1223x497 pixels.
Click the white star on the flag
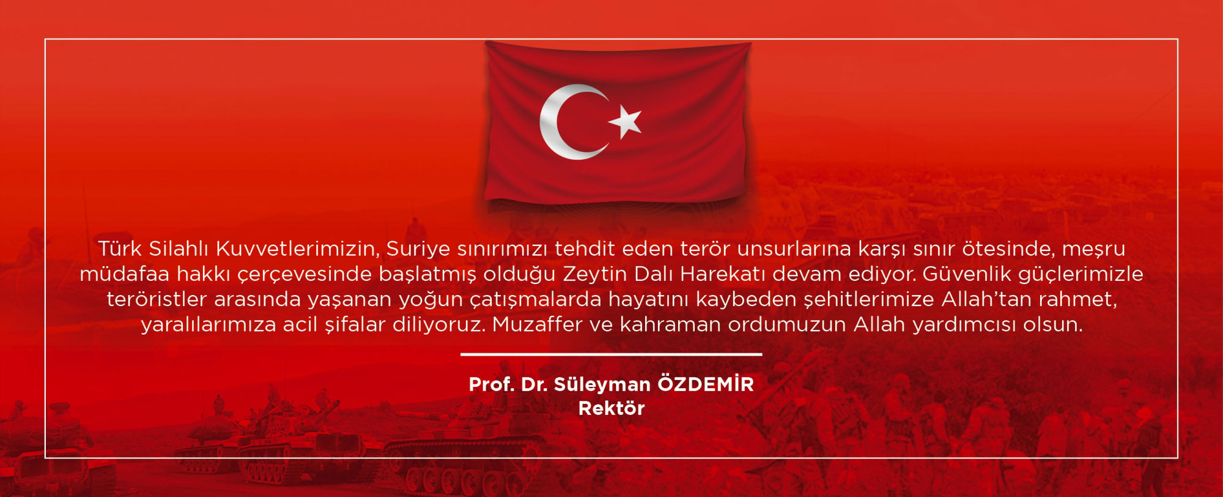pos(625,121)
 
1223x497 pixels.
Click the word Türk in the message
pos(120,248)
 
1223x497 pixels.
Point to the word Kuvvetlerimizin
pos(298,249)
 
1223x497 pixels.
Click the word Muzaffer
pos(537,324)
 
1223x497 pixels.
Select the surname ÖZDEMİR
pos(706,384)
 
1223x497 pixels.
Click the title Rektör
pos(611,408)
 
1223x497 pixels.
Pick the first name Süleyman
pos(602,384)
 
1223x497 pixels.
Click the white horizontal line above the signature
pos(611,354)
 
